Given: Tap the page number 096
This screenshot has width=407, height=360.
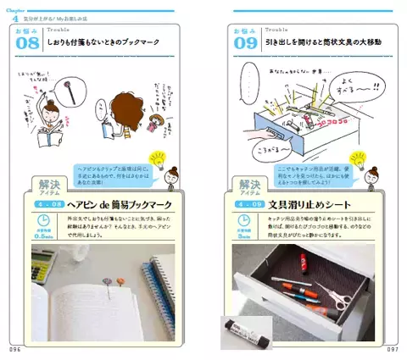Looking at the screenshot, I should pyautogui.click(x=14, y=347).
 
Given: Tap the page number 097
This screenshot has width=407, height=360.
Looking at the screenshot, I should pyautogui.click(x=391, y=347).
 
